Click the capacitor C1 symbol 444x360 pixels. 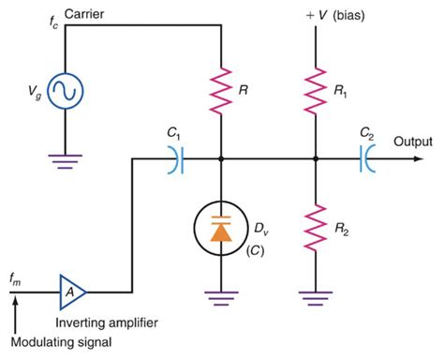[175, 160]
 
